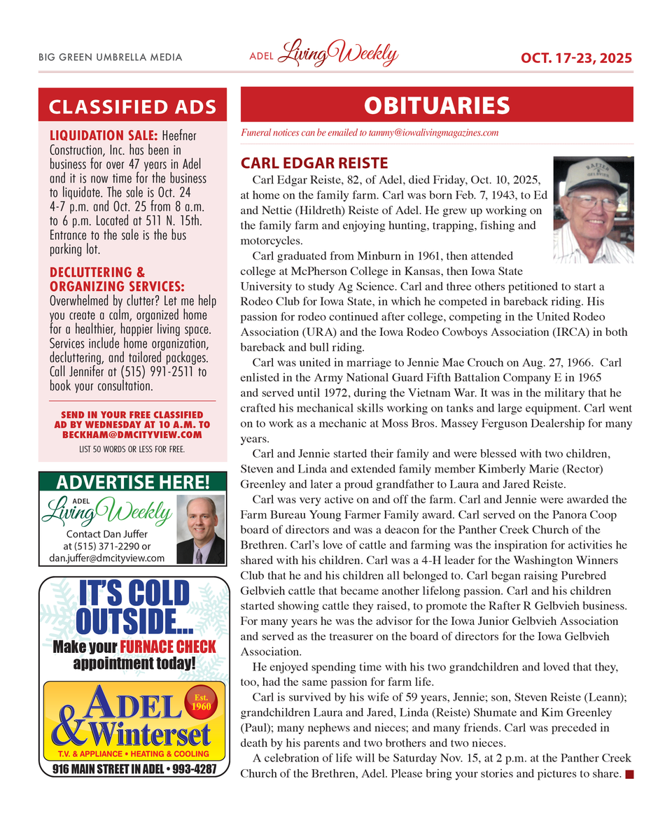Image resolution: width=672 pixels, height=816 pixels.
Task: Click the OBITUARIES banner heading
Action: coord(437,106)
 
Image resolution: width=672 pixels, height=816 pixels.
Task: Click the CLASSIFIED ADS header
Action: coord(132,107)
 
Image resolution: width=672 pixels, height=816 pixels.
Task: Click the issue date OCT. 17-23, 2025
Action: coord(576,57)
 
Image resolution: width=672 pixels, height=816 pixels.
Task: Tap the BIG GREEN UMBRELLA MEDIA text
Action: coord(110,57)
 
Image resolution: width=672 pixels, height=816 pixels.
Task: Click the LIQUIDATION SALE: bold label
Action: coord(104,134)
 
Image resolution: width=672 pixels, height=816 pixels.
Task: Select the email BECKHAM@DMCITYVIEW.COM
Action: coord(132,435)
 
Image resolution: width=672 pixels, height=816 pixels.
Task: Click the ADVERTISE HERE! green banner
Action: coord(132,482)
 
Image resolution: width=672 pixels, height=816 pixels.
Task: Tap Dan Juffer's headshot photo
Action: coord(200,530)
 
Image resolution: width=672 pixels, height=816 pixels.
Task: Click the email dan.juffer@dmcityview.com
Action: coord(107,558)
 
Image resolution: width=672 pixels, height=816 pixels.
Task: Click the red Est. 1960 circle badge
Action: coord(201,701)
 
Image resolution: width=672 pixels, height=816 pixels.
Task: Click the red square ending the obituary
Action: coord(629,774)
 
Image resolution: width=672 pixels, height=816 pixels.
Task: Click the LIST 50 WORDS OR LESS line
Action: coord(132,449)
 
